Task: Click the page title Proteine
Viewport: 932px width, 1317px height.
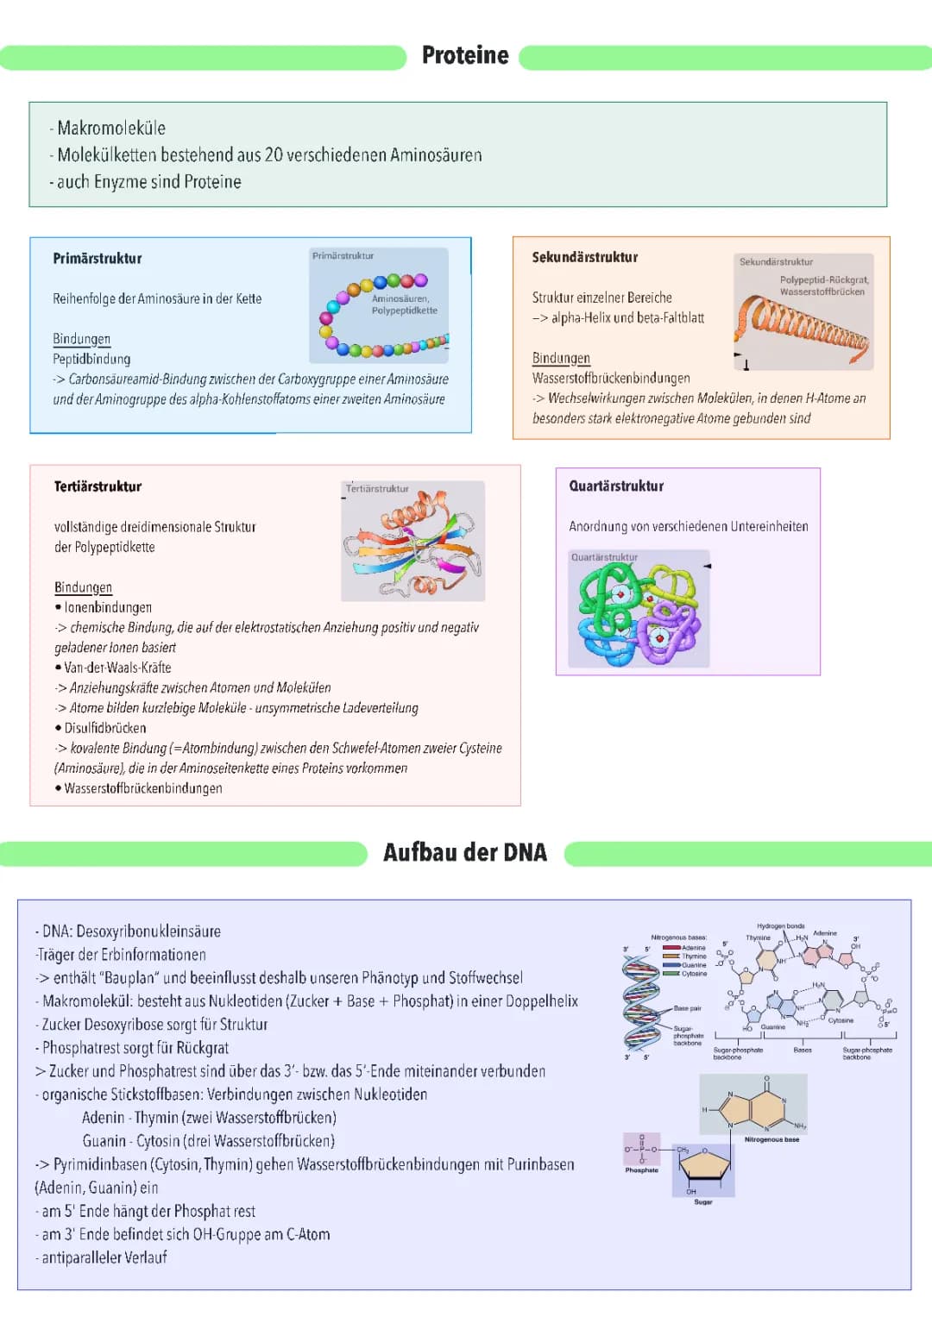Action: tap(465, 55)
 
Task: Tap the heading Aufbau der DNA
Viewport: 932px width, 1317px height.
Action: tap(465, 853)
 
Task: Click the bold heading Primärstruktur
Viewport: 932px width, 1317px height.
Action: tap(98, 259)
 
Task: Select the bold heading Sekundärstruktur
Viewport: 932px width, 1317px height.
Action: tap(585, 257)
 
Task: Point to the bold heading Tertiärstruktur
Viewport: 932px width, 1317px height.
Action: tap(98, 486)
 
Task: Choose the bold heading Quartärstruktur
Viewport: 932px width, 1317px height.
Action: tap(616, 486)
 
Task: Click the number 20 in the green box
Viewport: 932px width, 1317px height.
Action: tap(274, 155)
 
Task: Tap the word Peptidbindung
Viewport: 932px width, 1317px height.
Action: tap(91, 359)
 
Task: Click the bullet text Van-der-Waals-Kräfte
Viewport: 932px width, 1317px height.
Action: tap(117, 668)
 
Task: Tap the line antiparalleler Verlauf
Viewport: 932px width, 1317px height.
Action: tap(104, 1257)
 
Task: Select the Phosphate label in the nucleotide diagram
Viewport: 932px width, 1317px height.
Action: tap(641, 1170)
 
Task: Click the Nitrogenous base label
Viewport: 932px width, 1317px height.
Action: tap(771, 1139)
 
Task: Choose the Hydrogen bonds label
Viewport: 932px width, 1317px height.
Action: tap(780, 926)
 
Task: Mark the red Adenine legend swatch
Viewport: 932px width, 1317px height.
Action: tap(671, 948)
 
